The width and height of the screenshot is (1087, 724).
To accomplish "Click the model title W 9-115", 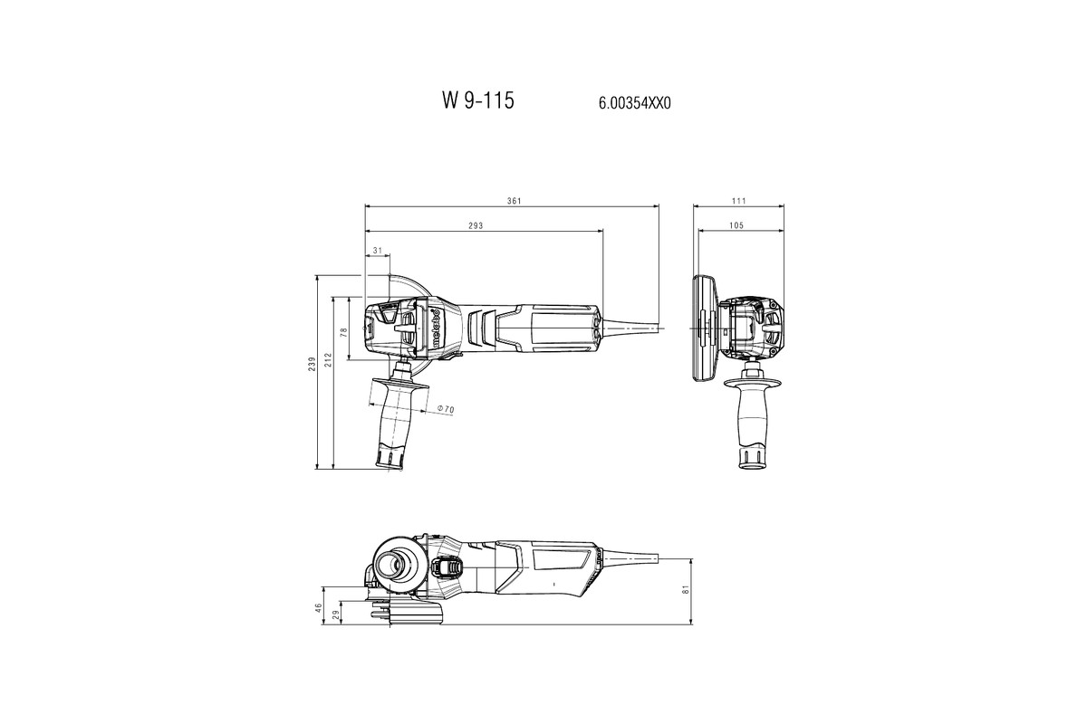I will [x=477, y=100].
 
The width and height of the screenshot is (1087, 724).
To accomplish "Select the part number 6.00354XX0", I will [x=634, y=103].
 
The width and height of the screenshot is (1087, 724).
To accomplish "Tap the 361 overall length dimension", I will [x=513, y=200].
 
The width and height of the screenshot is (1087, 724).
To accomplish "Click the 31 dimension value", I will [x=376, y=250].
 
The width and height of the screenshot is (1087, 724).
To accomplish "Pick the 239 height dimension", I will [x=312, y=364].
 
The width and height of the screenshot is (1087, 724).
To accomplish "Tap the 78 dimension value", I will [x=343, y=332].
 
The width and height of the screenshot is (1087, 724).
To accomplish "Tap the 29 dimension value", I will [x=337, y=614].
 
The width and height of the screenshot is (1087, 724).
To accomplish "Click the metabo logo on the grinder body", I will [x=437, y=328].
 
